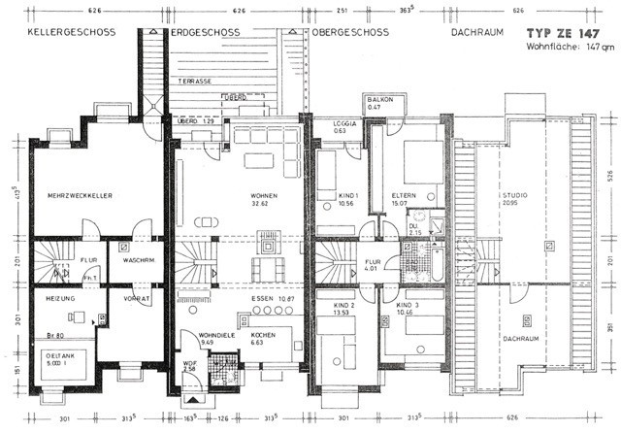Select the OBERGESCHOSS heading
click(x=350, y=32)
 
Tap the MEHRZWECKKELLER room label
click(x=81, y=195)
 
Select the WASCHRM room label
click(x=132, y=260)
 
